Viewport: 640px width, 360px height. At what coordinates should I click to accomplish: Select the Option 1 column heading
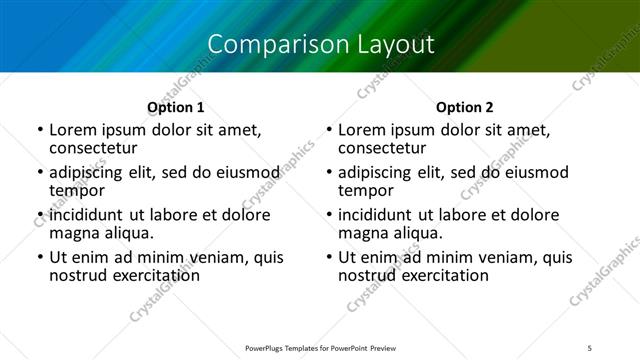(x=176, y=107)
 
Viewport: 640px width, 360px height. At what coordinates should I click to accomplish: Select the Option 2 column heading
(x=465, y=107)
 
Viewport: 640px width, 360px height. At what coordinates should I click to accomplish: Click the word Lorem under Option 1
(x=72, y=130)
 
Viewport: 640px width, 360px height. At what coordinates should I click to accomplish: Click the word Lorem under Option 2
(x=361, y=130)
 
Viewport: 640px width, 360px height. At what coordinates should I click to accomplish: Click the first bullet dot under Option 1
(x=39, y=131)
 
